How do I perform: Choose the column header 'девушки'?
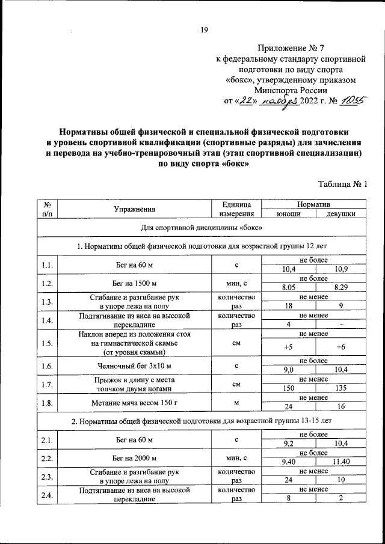pyautogui.click(x=340, y=214)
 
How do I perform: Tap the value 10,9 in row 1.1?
pyautogui.click(x=340, y=268)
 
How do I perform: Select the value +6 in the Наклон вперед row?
pyautogui.click(x=340, y=347)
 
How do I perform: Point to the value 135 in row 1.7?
pyautogui.click(x=340, y=389)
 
